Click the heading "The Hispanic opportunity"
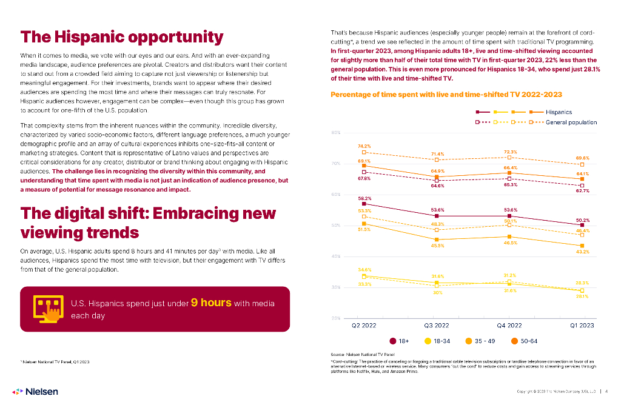click(x=122, y=37)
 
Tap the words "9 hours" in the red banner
click(x=211, y=303)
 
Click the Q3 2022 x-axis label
click(x=437, y=325)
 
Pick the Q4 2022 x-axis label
click(x=509, y=325)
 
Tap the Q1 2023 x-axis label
click(x=582, y=325)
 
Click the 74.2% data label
click(x=364, y=146)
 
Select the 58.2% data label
click(x=364, y=198)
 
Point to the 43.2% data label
click(x=582, y=252)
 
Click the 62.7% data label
click(x=582, y=191)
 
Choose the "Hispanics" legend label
click(x=559, y=112)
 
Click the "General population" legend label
click(x=571, y=122)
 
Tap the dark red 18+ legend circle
click(x=394, y=341)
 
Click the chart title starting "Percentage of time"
click(x=446, y=95)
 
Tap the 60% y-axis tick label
click(x=335, y=195)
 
